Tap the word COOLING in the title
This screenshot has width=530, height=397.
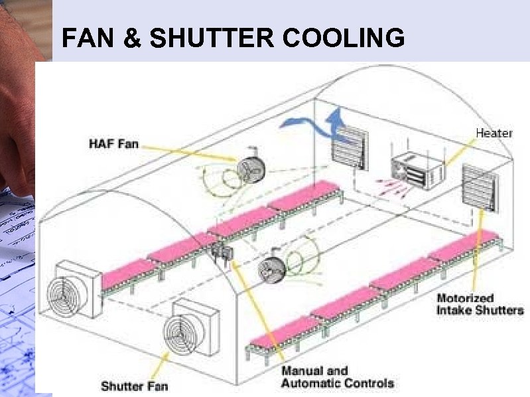344,38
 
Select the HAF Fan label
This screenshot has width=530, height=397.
113,143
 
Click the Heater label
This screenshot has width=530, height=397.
494,133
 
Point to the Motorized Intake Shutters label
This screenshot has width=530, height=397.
480,304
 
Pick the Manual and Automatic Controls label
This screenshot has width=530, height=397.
337,377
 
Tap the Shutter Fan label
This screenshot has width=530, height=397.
134,385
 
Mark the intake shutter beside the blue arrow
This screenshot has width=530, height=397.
350,147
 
